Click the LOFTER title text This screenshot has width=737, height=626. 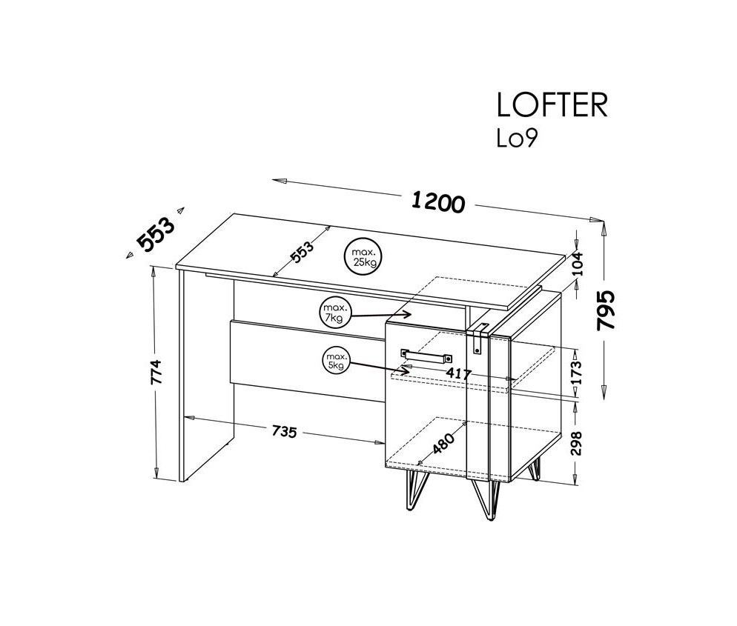pyautogui.click(x=552, y=106)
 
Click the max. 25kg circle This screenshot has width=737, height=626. pyautogui.click(x=363, y=256)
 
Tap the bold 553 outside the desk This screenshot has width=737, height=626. pyautogui.click(x=156, y=235)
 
